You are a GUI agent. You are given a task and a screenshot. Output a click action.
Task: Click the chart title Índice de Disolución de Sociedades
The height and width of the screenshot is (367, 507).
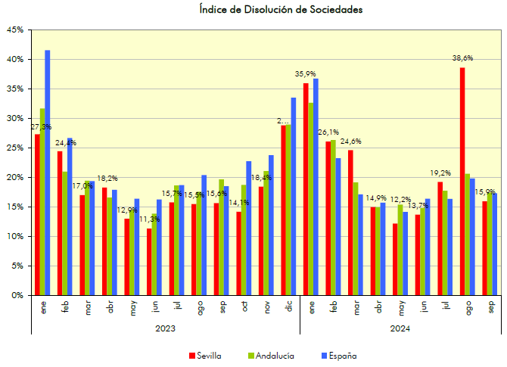pyautogui.click(x=281, y=10)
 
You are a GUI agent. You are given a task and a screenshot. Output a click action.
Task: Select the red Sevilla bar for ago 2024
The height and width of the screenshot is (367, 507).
pyautogui.click(x=462, y=182)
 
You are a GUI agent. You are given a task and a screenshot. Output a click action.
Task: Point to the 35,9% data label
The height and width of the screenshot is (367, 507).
pyautogui.click(x=305, y=73)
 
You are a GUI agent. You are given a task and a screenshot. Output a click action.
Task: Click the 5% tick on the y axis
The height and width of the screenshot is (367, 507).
pyautogui.click(x=17, y=266)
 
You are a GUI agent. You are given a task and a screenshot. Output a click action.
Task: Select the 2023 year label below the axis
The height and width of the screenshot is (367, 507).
pyautogui.click(x=165, y=328)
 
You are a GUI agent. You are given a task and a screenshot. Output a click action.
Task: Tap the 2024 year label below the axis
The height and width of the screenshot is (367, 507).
pyautogui.click(x=400, y=328)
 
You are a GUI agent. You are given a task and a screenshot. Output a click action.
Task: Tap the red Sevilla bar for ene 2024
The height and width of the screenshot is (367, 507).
pyautogui.click(x=306, y=189)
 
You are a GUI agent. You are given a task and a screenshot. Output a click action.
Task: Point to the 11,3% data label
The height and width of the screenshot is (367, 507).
pyautogui.click(x=149, y=219)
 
